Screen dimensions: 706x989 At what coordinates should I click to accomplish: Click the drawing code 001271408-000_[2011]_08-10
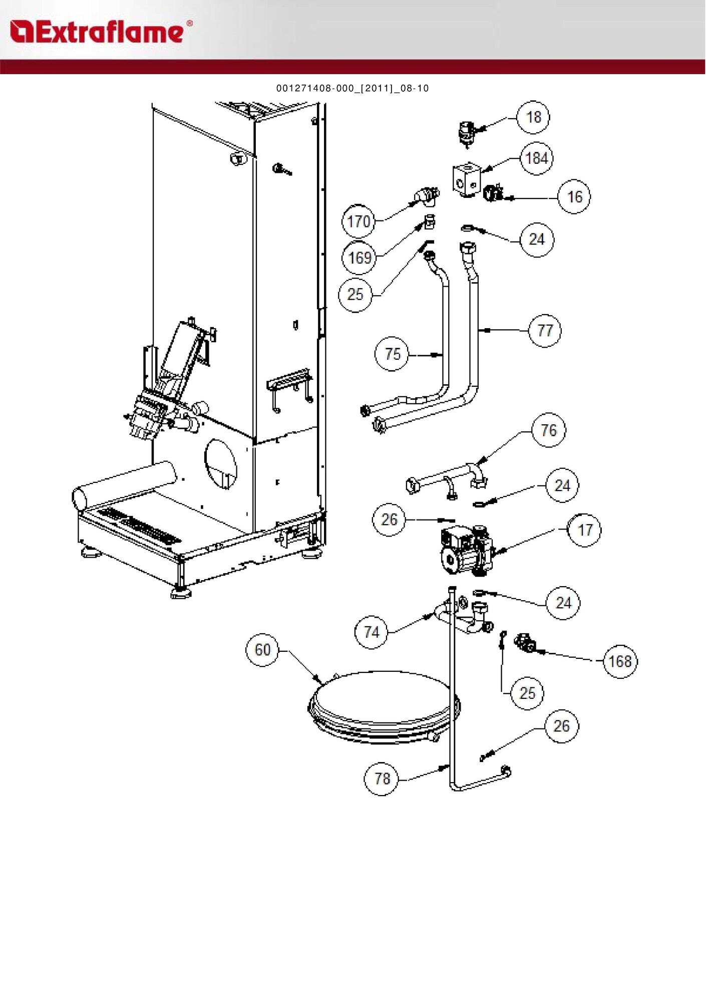pos(352,88)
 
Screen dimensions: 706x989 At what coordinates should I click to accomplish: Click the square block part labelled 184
pos(467,179)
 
